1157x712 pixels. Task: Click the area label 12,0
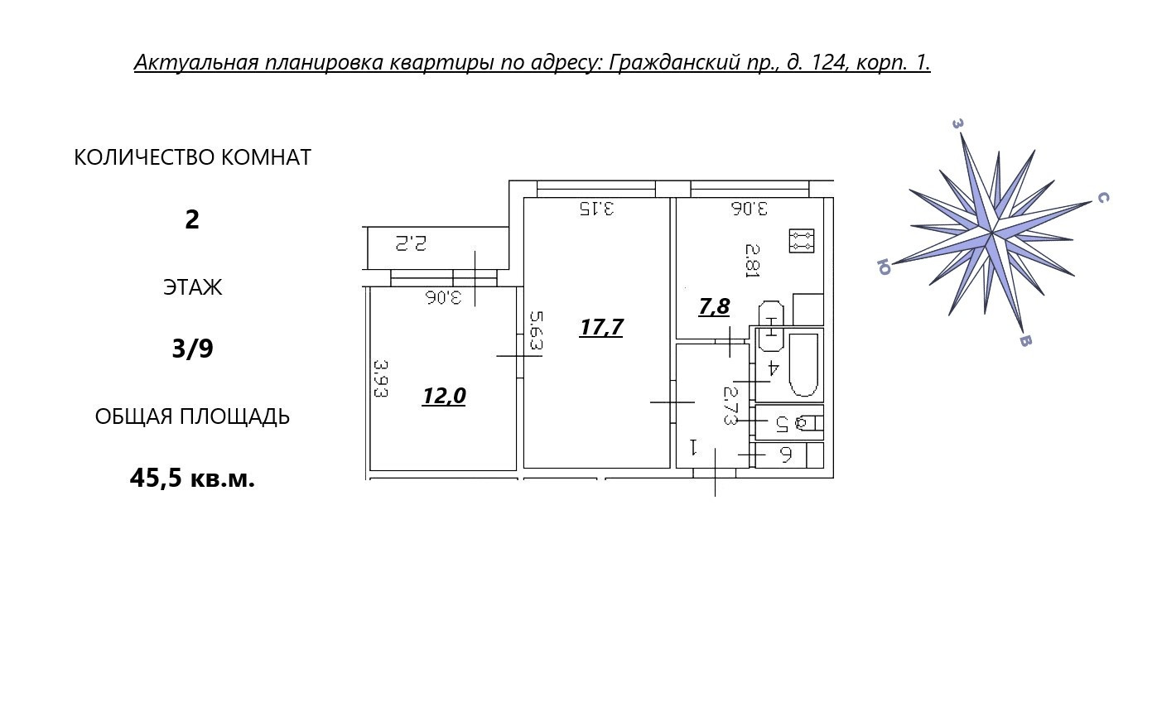444,397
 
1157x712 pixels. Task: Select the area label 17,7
601,328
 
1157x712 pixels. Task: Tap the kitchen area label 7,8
714,307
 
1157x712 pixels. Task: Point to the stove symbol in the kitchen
801,241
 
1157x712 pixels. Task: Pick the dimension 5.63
536,330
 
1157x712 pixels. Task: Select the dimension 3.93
380,378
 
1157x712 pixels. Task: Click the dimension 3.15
596,208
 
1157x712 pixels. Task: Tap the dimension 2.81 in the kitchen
752,260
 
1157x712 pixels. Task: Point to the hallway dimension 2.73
730,406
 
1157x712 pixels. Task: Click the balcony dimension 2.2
410,243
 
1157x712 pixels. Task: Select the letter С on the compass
1102,197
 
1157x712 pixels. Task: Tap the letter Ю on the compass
883,267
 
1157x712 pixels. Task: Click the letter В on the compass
1024,340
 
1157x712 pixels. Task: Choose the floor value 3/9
192,349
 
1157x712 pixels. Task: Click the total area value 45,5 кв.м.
192,479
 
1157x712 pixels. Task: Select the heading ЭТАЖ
192,288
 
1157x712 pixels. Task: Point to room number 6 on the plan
786,455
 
